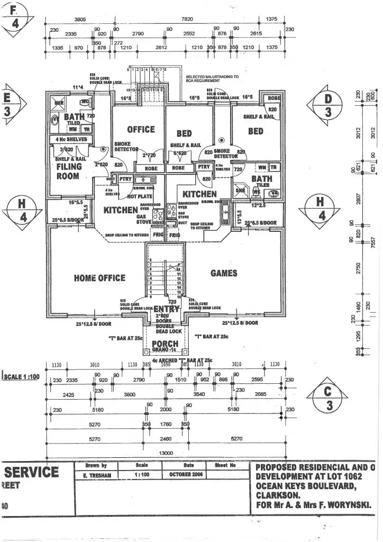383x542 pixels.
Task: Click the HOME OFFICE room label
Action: pyautogui.click(x=99, y=278)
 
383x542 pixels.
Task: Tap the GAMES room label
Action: pyautogui.click(x=224, y=273)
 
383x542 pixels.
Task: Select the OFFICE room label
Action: pyautogui.click(x=141, y=129)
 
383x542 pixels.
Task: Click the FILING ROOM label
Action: pyautogui.click(x=69, y=171)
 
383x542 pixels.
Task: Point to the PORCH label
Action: pyautogui.click(x=165, y=344)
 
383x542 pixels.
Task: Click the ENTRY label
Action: pyautogui.click(x=166, y=309)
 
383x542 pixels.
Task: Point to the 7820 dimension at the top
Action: pyautogui.click(x=187, y=19)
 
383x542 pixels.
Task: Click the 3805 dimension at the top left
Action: pyautogui.click(x=80, y=19)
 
